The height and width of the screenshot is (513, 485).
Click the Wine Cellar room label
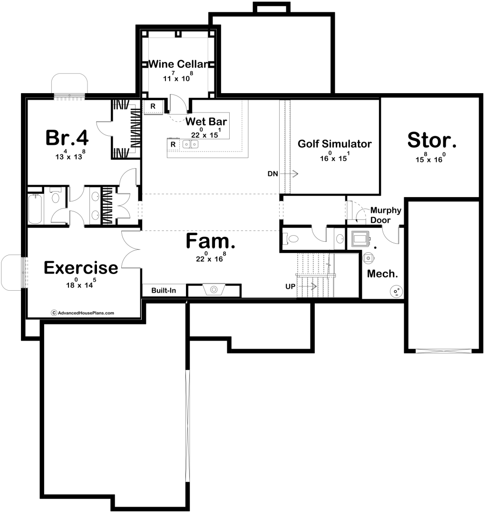click(x=178, y=64)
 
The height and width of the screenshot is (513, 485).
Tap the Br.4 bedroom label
click(x=67, y=138)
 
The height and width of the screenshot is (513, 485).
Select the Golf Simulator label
click(x=335, y=143)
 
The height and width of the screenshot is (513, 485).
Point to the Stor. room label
click(x=432, y=140)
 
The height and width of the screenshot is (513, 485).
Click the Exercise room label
click(x=81, y=267)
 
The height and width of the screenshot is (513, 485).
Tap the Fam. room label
click(x=210, y=241)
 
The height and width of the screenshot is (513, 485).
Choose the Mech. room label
click(x=382, y=274)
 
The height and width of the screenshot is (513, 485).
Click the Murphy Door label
click(x=386, y=215)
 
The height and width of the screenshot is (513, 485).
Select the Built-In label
click(x=164, y=291)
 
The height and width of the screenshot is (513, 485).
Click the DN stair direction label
click(x=273, y=174)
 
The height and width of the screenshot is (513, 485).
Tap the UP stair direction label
click(x=291, y=286)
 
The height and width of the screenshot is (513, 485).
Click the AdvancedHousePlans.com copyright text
click(x=83, y=313)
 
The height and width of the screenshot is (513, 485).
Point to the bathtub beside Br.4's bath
click(x=35, y=209)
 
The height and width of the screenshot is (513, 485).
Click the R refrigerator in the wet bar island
click(x=173, y=144)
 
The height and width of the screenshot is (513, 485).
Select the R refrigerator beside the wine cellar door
click(x=153, y=107)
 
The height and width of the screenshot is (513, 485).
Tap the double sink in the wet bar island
click(x=190, y=144)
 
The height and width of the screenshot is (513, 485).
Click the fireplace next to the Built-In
click(x=214, y=290)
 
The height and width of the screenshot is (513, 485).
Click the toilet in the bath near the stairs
click(x=291, y=238)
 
